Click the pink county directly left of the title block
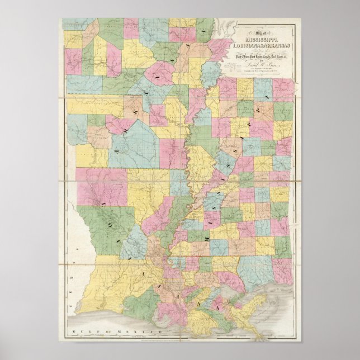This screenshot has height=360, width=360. point(221,48)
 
